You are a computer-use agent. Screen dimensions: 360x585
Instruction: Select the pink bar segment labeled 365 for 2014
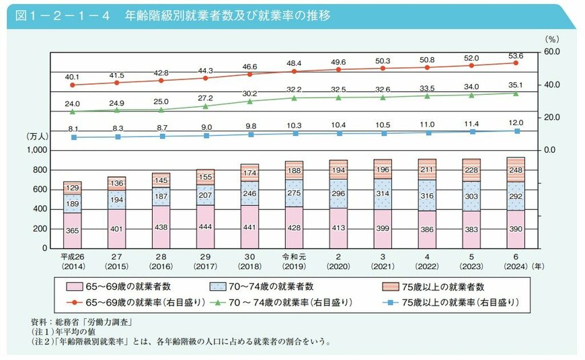[72, 230]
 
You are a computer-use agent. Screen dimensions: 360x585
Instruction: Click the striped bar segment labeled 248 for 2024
[516, 169]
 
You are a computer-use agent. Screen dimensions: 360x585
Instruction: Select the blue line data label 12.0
[516, 122]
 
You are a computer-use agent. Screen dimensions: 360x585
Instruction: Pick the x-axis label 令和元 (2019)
[295, 260]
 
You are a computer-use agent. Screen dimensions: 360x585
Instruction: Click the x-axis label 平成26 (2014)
[72, 260]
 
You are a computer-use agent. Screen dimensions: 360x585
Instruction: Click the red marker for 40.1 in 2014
[72, 85]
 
